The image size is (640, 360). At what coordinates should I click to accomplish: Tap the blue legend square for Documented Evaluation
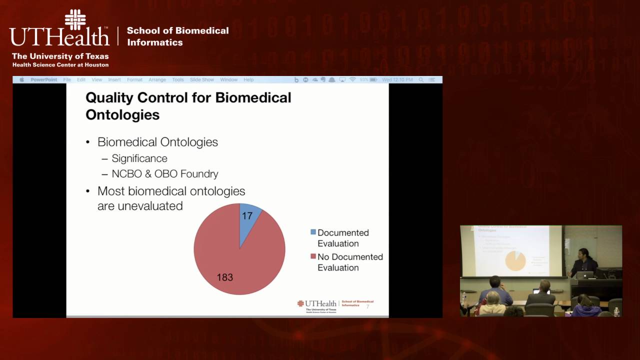(313, 232)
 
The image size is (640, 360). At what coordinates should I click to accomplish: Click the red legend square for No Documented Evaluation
(313, 256)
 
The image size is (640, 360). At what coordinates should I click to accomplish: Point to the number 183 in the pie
(224, 277)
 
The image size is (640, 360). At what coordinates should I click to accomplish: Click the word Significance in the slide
(139, 158)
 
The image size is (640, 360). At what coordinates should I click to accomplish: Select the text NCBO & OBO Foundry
(165, 174)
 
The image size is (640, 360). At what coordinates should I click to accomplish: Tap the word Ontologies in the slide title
(122, 114)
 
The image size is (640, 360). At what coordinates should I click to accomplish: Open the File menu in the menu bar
(67, 80)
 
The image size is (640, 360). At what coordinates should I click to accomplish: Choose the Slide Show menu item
(202, 80)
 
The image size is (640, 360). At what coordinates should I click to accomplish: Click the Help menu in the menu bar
(248, 80)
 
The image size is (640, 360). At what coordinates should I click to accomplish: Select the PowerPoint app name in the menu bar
(44, 80)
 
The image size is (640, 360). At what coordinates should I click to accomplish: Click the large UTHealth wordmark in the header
(59, 36)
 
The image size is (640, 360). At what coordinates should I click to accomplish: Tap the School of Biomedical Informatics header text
(177, 36)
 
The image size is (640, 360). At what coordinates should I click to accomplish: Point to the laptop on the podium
(585, 274)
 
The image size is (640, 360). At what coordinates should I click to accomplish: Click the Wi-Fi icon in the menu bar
(352, 80)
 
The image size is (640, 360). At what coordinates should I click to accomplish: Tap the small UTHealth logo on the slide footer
(317, 303)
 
